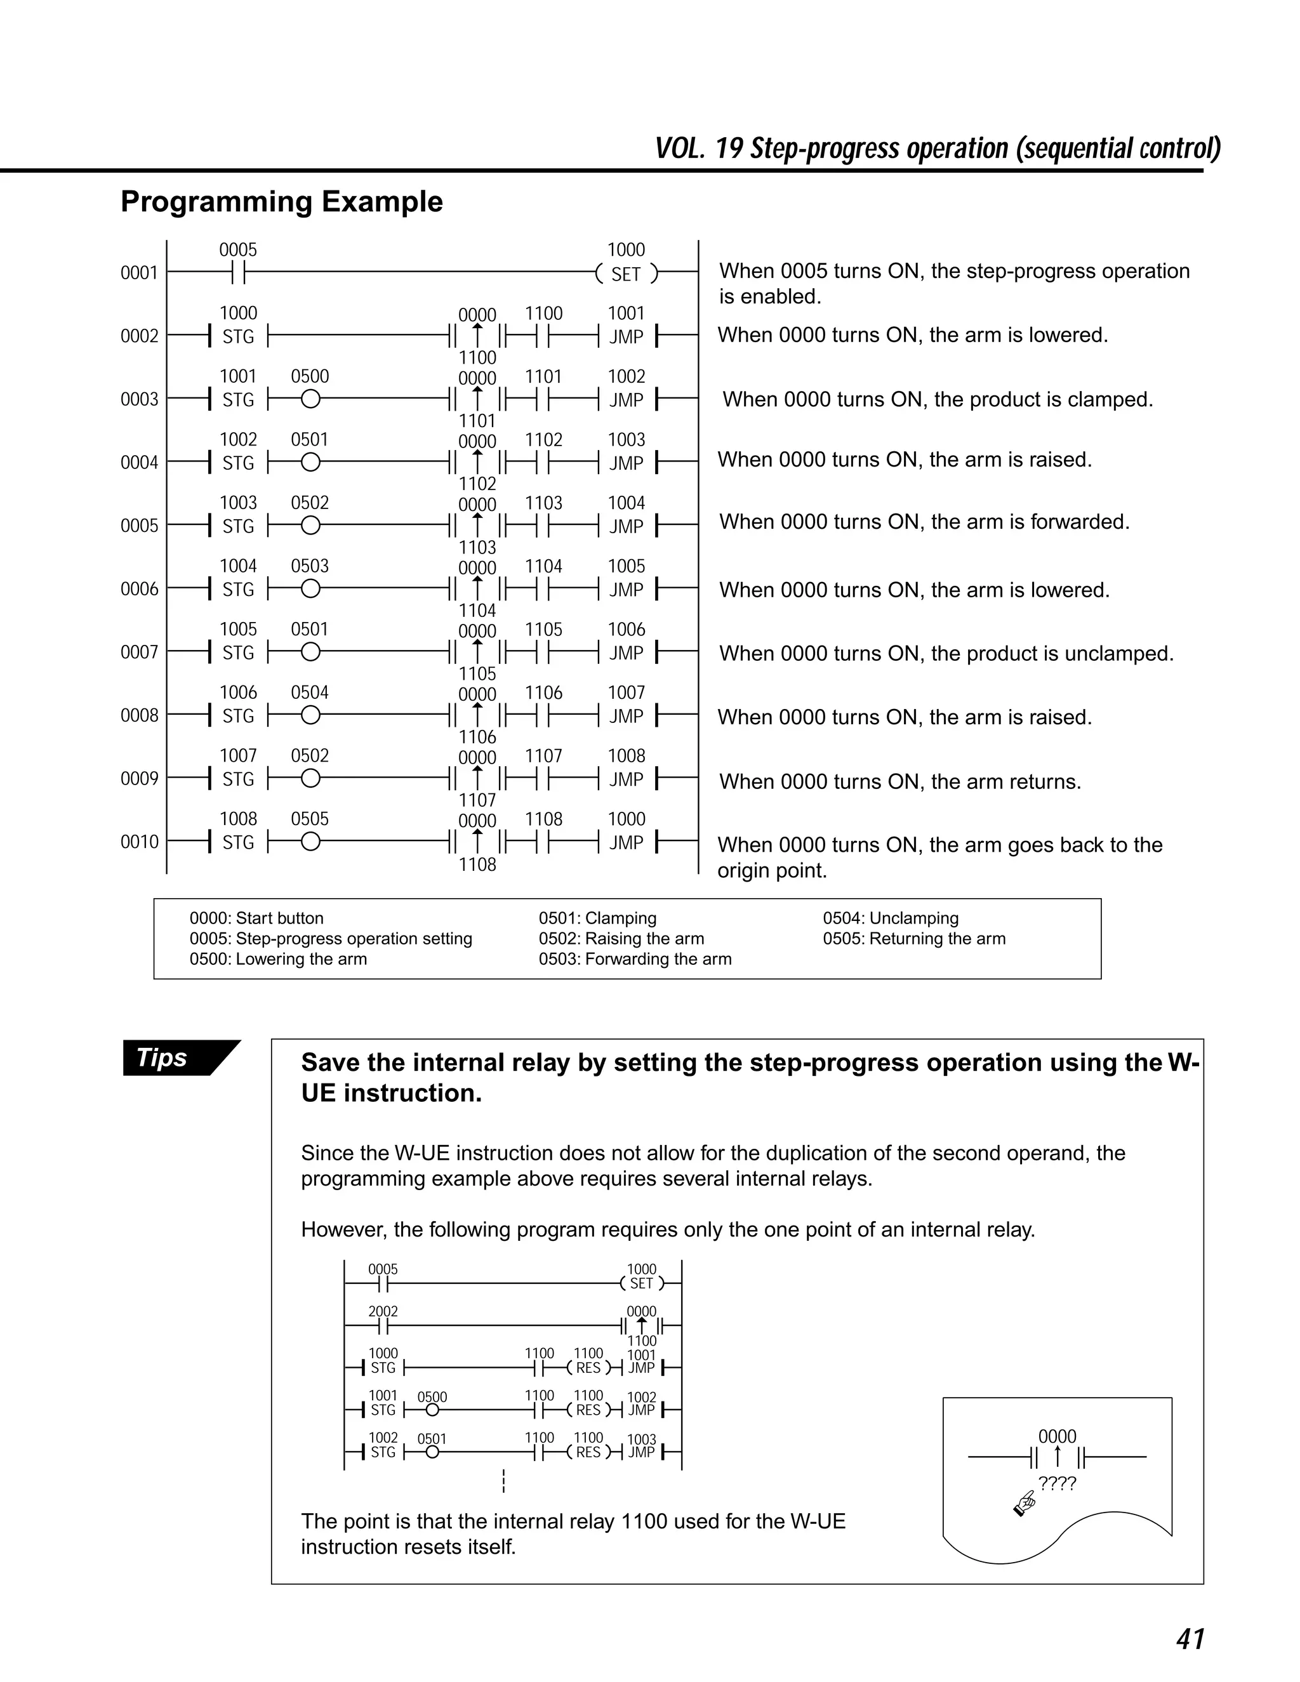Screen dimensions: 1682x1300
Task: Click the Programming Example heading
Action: [x=282, y=202]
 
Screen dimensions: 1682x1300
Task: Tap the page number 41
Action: [x=1190, y=1639]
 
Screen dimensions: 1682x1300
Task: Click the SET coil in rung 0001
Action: [x=626, y=274]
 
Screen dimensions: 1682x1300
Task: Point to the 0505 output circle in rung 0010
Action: [x=310, y=842]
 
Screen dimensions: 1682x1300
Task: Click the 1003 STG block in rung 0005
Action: [x=237, y=526]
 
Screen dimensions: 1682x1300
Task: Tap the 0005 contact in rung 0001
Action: [x=238, y=272]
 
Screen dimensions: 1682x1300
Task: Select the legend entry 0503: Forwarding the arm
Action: [x=635, y=959]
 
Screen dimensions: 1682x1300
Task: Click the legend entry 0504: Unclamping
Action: [x=891, y=918]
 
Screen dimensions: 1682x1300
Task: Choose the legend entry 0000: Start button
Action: [x=256, y=918]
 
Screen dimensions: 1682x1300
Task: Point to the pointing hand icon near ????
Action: [x=1025, y=1502]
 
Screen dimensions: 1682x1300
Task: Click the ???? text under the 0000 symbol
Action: [x=1057, y=1483]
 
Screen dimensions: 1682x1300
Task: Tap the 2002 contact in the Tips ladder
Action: [x=383, y=1325]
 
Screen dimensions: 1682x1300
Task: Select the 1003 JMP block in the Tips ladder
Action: [x=642, y=1452]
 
